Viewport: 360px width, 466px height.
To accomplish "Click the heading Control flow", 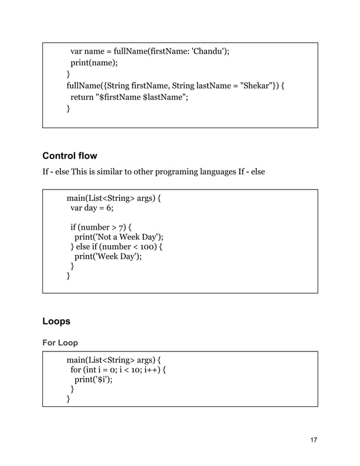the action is (70, 156).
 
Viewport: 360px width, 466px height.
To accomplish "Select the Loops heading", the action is (56, 322).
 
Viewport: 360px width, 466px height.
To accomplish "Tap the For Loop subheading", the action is (60, 343).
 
